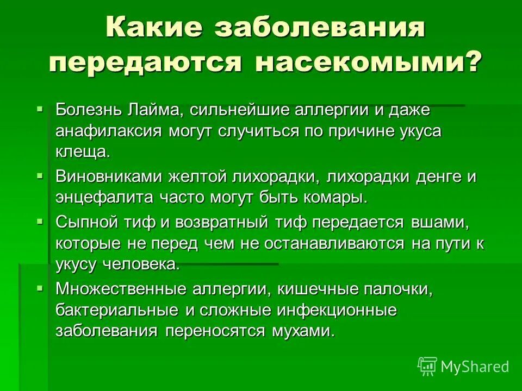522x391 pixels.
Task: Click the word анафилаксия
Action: pos(109,131)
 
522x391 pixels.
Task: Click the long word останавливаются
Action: pos(334,244)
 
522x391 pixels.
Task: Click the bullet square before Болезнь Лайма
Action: pos(40,109)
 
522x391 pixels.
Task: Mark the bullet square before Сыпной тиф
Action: pos(40,222)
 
